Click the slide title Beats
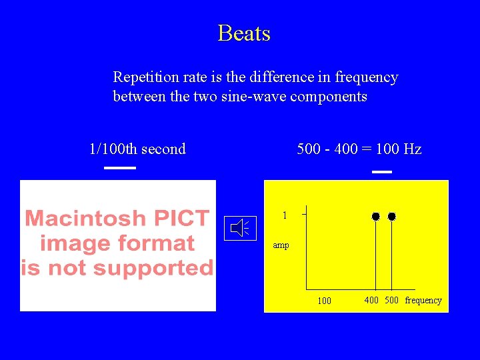(244, 33)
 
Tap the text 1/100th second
(137, 149)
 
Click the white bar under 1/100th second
(120, 168)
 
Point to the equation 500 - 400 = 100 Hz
(359, 149)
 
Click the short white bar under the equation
(381, 172)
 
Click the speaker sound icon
(240, 229)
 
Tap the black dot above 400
(376, 217)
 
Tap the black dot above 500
(392, 217)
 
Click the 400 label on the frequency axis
(371, 300)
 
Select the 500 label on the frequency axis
(392, 300)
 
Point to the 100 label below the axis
(324, 301)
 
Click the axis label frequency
(423, 300)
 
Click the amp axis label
(281, 245)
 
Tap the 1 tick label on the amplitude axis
(285, 215)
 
